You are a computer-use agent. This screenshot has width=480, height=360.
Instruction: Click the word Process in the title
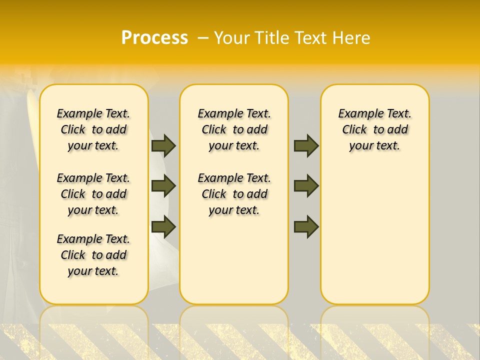pos(154,38)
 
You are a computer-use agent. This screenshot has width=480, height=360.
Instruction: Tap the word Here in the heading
pos(351,38)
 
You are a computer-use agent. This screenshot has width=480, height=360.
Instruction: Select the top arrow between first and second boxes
pos(163,145)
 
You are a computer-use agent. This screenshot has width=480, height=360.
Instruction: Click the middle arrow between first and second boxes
pos(163,186)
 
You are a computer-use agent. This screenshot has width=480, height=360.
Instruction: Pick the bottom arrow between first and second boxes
pos(163,226)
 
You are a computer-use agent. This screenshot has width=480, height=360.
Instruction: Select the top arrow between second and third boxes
pos(306,145)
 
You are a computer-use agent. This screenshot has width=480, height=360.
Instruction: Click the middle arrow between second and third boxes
pos(306,186)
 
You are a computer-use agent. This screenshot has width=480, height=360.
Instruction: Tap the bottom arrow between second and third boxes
pos(306,226)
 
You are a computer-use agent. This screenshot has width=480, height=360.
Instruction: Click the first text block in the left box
pos(93,129)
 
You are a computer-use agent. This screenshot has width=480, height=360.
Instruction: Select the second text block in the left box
pos(93,194)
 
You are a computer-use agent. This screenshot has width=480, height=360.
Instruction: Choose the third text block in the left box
pos(93,255)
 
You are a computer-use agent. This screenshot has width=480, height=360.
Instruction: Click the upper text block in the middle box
pos(234,129)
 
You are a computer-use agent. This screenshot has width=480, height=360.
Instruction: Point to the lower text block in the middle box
pos(234,194)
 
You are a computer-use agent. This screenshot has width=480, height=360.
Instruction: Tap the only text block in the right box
pos(374,129)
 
